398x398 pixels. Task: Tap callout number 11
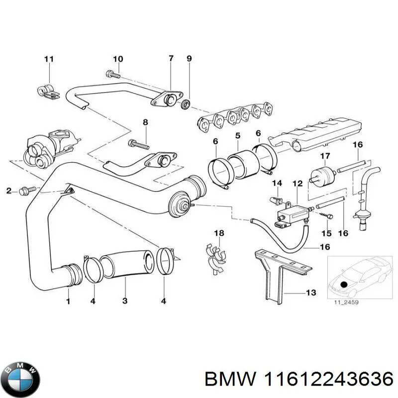click(x=48, y=60)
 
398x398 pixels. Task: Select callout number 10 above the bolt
click(x=117, y=60)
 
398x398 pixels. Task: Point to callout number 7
click(x=171, y=59)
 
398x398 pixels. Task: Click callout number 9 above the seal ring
click(x=189, y=59)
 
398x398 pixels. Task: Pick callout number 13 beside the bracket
click(x=310, y=293)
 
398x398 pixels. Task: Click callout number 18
click(x=219, y=233)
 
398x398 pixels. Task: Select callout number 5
click(x=238, y=135)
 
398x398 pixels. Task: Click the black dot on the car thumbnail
click(x=344, y=284)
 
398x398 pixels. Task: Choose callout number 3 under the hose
click(x=125, y=300)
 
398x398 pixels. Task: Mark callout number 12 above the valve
click(x=298, y=185)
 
